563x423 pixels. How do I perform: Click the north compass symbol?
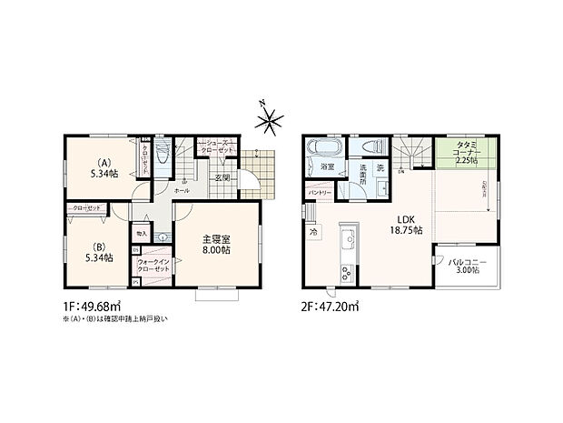272,119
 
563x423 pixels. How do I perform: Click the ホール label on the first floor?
182,191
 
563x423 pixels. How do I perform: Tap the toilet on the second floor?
371,147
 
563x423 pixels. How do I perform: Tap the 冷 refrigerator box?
313,233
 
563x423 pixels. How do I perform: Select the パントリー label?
319,194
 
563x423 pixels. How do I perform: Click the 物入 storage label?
142,234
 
